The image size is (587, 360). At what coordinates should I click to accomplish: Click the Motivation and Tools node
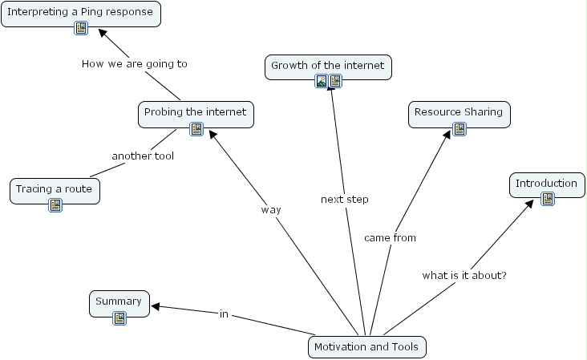[x=367, y=347]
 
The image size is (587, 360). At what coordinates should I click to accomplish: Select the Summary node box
[x=119, y=301]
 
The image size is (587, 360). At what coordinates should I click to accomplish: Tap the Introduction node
[x=546, y=184]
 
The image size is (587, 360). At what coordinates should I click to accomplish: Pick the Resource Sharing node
[x=459, y=112]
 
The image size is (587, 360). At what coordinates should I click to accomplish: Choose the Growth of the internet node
[x=328, y=66]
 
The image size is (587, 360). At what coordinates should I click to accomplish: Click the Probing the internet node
[x=196, y=112]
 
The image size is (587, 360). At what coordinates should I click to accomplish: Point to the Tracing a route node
[x=55, y=189]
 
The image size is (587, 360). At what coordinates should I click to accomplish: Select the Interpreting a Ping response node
[x=80, y=12]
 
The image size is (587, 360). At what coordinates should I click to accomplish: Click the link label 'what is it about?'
[x=464, y=275]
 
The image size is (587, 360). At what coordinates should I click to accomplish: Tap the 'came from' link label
[x=390, y=237]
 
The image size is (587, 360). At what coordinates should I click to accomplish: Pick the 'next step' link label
[x=345, y=199]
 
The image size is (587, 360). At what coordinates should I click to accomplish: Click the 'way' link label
[x=271, y=209]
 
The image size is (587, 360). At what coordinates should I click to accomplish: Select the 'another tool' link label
[x=143, y=156]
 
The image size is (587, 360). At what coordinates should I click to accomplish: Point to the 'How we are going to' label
[x=135, y=63]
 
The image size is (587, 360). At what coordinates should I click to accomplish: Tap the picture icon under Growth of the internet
[x=322, y=81]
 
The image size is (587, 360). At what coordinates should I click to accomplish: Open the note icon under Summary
[x=119, y=318]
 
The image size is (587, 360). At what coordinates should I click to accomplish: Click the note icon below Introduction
[x=548, y=199]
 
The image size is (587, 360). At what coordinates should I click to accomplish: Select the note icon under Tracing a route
[x=55, y=205]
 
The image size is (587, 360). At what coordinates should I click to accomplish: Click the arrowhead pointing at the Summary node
[x=156, y=305]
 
